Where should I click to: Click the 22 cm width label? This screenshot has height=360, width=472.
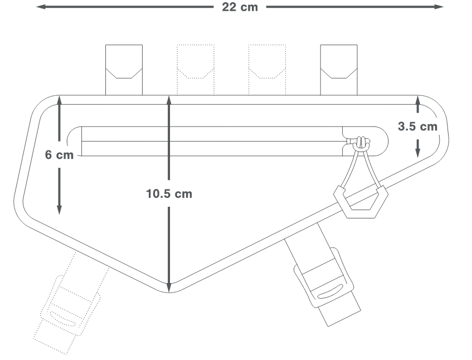pyautogui.click(x=240, y=7)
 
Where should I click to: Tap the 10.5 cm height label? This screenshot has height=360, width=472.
pyautogui.click(x=169, y=193)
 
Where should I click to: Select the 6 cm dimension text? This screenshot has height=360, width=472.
pyautogui.click(x=59, y=155)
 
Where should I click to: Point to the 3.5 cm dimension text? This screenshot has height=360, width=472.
pyautogui.click(x=417, y=127)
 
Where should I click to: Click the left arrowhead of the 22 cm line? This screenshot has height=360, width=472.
pyautogui.click(x=41, y=7)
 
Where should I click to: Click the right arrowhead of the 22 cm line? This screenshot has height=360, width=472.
pyautogui.click(x=439, y=7)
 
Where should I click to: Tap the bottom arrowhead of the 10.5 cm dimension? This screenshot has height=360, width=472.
pyautogui.click(x=169, y=288)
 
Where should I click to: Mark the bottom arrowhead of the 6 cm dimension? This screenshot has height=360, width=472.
pyautogui.click(x=59, y=210)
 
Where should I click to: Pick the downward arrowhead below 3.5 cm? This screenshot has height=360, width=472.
pyautogui.click(x=417, y=153)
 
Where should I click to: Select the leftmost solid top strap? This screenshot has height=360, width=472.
pyautogui.click(x=124, y=70)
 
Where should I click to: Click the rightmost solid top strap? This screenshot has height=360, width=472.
pyautogui.click(x=339, y=70)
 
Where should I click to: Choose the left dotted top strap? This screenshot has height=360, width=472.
pyautogui.click(x=196, y=70)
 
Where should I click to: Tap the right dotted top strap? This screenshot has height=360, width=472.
pyautogui.click(x=267, y=70)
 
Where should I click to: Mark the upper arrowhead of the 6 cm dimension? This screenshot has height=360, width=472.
pyautogui.click(x=59, y=100)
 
